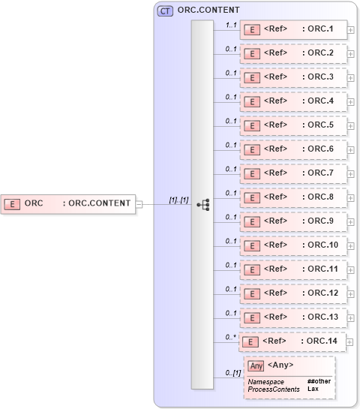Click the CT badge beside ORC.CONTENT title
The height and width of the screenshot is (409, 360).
coord(164,11)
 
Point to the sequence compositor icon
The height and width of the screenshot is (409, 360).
coord(202,204)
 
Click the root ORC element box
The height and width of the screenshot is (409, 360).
coord(67,203)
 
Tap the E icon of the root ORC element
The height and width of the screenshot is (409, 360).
coord(13,203)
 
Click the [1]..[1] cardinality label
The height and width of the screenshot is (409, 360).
coord(178,199)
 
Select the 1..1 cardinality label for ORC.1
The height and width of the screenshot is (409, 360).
coord(232,25)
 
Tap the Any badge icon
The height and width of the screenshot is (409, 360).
coord(256,365)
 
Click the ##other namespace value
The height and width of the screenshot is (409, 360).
coord(319,382)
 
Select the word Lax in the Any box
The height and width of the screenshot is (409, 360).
coord(313,389)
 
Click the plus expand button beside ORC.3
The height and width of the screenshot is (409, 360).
coord(351,78)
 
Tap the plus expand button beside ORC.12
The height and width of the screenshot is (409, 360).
coord(351,294)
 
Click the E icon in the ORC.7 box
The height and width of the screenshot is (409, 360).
coord(253,173)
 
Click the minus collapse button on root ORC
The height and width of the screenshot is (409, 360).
coord(138,203)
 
